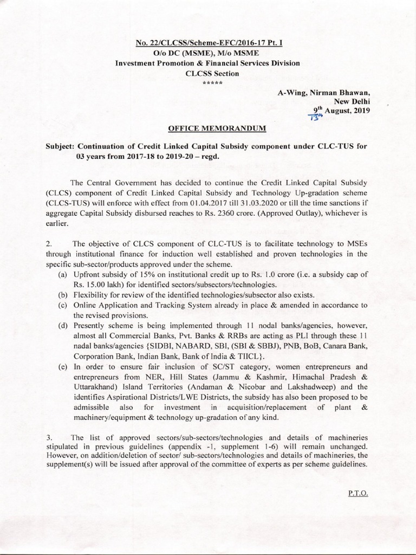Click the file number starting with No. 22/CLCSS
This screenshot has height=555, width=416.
(x=207, y=44)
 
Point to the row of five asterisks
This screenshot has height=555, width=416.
(x=207, y=83)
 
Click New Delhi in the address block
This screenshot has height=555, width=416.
(x=352, y=101)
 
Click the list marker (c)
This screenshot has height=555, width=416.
(x=63, y=305)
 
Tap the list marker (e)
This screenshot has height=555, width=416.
(x=63, y=367)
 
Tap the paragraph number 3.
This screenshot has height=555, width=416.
(x=49, y=437)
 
